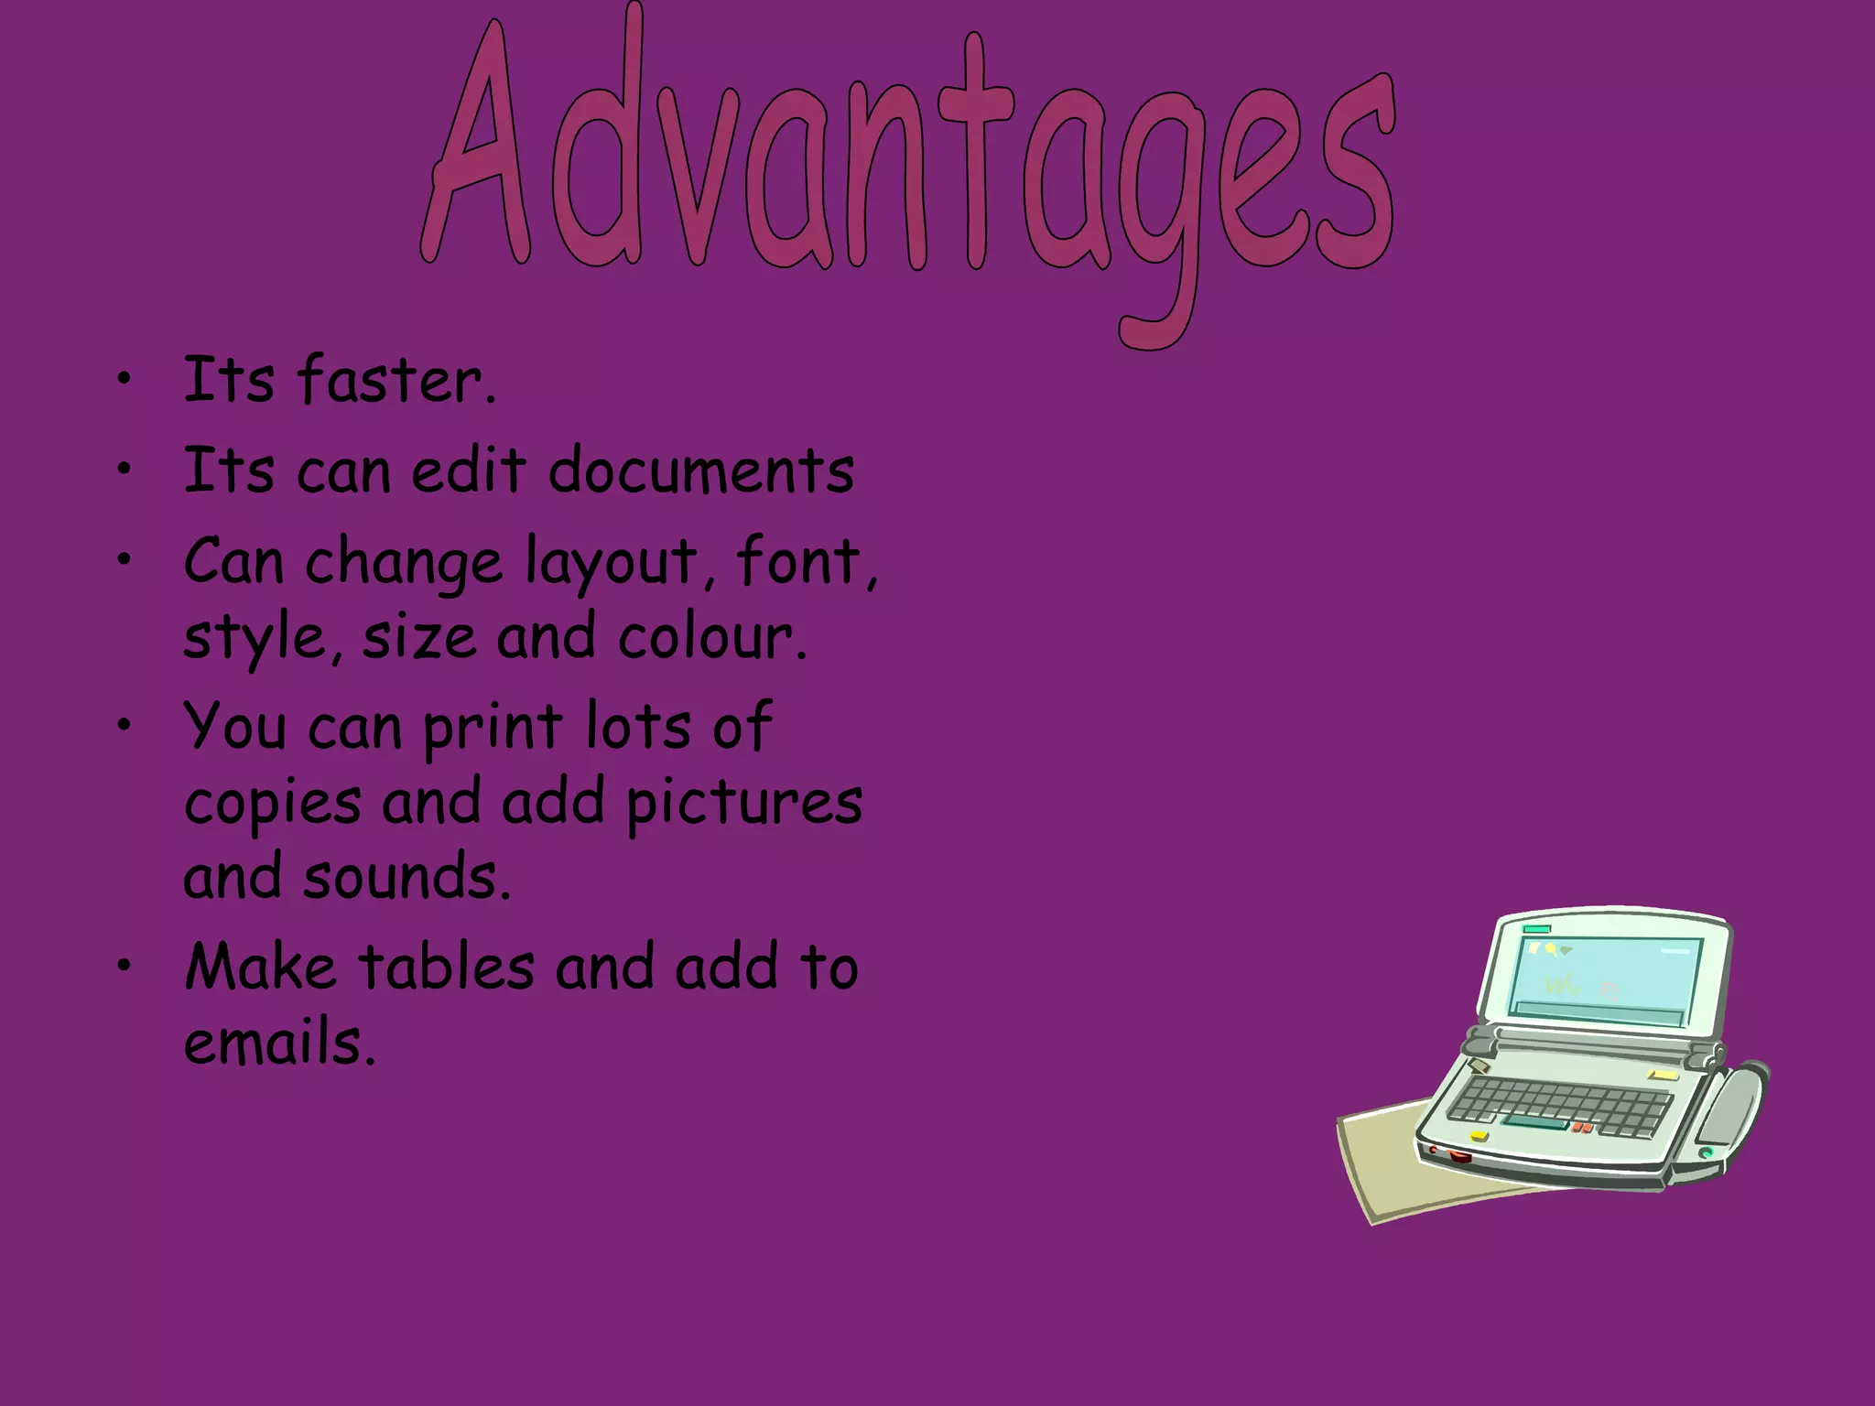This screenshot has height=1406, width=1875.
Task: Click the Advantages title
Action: pyautogui.click(x=906, y=156)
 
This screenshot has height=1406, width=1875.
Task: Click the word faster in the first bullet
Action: pyautogui.click(x=396, y=381)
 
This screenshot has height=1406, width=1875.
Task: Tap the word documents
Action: pyautogui.click(x=701, y=470)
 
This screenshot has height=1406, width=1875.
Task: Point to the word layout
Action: pyautogui.click(x=611, y=562)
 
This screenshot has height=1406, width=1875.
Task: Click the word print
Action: pyautogui.click(x=493, y=729)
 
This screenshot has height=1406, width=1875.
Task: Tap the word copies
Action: pyautogui.click(x=273, y=804)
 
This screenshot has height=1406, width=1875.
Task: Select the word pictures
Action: pyautogui.click(x=743, y=804)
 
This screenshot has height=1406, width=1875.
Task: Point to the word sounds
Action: pyautogui.click(x=405, y=877)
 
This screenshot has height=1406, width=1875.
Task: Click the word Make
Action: pyautogui.click(x=260, y=967)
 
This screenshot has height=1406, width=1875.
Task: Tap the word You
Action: pyautogui.click(x=235, y=727)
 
